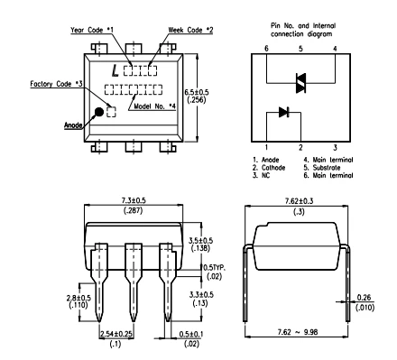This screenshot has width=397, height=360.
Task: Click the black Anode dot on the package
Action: click(x=99, y=112)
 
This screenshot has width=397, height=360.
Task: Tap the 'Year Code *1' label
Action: click(x=92, y=30)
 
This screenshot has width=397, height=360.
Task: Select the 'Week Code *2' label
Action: click(x=190, y=30)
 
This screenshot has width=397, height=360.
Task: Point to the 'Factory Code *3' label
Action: click(x=56, y=84)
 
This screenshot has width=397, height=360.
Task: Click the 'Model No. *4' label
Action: click(x=154, y=106)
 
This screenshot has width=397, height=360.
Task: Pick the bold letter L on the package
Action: click(x=115, y=70)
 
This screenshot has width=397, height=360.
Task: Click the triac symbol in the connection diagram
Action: click(x=300, y=83)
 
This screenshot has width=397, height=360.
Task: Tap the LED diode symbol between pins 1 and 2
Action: click(x=284, y=112)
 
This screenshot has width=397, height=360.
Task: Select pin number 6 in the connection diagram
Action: click(x=266, y=49)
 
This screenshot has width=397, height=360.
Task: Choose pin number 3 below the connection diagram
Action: click(x=335, y=147)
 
